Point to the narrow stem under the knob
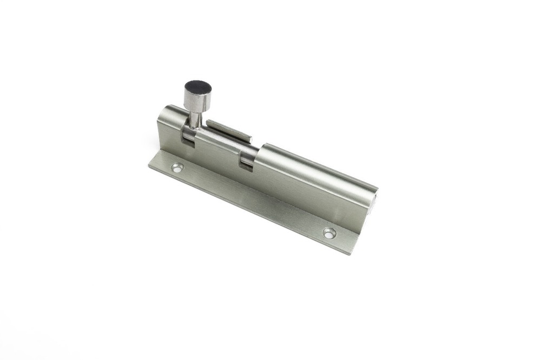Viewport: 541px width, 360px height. (x=195, y=118)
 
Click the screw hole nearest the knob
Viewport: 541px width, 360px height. (x=177, y=168)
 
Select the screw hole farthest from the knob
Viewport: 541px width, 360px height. (x=329, y=233)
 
